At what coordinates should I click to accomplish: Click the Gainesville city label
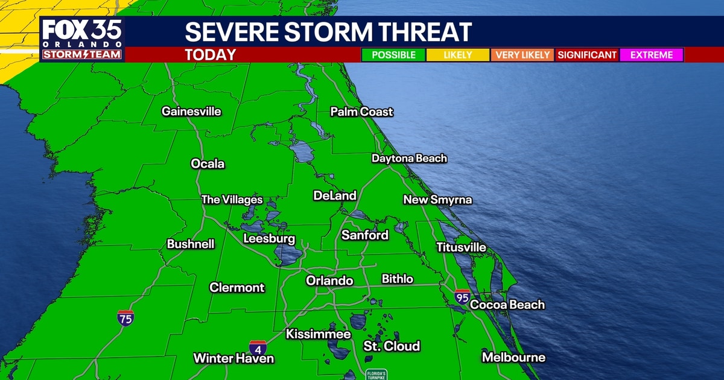(x=191, y=112)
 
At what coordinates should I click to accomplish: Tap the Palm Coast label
(x=361, y=112)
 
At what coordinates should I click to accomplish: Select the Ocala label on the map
(x=208, y=163)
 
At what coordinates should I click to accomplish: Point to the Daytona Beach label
(x=409, y=159)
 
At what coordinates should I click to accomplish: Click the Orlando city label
(x=329, y=280)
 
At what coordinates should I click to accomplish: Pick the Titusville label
(x=461, y=247)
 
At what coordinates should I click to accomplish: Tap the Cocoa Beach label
(x=507, y=305)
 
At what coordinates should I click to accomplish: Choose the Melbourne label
(x=513, y=358)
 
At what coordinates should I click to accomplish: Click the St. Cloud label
(x=392, y=346)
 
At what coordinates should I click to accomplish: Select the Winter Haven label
(x=233, y=358)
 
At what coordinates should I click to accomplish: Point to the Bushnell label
(x=191, y=244)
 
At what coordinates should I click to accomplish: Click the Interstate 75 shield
(x=125, y=318)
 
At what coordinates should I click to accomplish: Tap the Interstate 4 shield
(x=258, y=348)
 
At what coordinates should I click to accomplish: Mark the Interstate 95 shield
(x=462, y=297)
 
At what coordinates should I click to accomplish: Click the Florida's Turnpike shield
(x=376, y=375)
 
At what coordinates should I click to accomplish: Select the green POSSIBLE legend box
(x=393, y=55)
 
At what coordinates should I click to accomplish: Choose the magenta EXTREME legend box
(x=651, y=55)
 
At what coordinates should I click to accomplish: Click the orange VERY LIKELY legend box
(x=523, y=55)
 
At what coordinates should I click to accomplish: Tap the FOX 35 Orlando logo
(x=82, y=39)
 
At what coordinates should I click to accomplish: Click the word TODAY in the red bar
(x=210, y=55)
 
